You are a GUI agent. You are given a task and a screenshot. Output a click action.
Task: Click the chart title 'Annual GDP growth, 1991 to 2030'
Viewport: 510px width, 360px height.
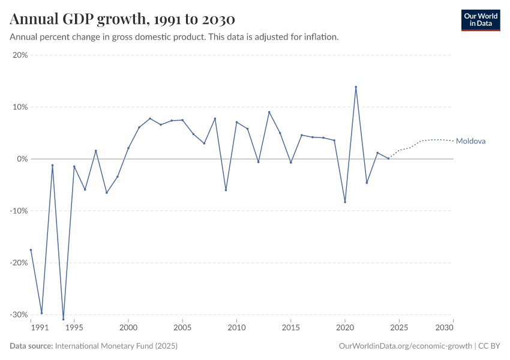(x=122, y=20)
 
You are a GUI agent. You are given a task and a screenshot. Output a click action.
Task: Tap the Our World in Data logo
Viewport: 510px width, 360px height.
(x=481, y=20)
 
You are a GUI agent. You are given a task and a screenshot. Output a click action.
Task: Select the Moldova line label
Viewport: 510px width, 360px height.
(x=470, y=142)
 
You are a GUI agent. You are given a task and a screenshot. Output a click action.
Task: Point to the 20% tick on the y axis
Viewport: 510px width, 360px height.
(x=20, y=55)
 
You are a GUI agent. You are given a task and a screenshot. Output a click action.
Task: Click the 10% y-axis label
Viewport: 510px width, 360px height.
(x=20, y=107)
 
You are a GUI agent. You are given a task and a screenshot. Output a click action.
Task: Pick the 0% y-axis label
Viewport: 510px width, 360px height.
(x=22, y=159)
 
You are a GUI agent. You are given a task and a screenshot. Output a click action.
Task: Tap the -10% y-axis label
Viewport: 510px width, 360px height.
(x=19, y=211)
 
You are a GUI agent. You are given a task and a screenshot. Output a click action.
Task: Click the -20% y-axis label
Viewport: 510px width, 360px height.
(x=19, y=263)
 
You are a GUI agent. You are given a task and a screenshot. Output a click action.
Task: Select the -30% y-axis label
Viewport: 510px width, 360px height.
(x=19, y=314)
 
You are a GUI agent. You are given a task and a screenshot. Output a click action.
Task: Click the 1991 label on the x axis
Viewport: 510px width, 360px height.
(x=40, y=328)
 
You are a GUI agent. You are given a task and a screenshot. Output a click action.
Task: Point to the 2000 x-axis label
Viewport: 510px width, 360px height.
(x=128, y=328)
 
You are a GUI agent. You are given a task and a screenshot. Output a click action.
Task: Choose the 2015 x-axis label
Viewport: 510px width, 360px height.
(x=291, y=328)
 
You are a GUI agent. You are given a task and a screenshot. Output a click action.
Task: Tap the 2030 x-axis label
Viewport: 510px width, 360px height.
(x=444, y=328)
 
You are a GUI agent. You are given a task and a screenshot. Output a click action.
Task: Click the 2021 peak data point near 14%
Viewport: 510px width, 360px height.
(x=356, y=87)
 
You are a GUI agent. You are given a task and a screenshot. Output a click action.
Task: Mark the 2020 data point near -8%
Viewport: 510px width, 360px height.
(x=345, y=202)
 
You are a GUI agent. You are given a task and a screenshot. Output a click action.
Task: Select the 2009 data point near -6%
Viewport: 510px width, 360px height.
(x=226, y=190)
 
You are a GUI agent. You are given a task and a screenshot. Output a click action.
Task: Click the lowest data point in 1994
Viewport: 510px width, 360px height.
(x=63, y=319)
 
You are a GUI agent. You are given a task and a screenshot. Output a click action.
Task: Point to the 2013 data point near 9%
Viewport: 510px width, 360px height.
(x=269, y=112)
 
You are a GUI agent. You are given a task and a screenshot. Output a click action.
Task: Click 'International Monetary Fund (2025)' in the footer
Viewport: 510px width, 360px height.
(x=116, y=346)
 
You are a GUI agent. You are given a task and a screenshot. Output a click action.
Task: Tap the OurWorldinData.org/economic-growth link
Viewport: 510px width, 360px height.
(x=405, y=346)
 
